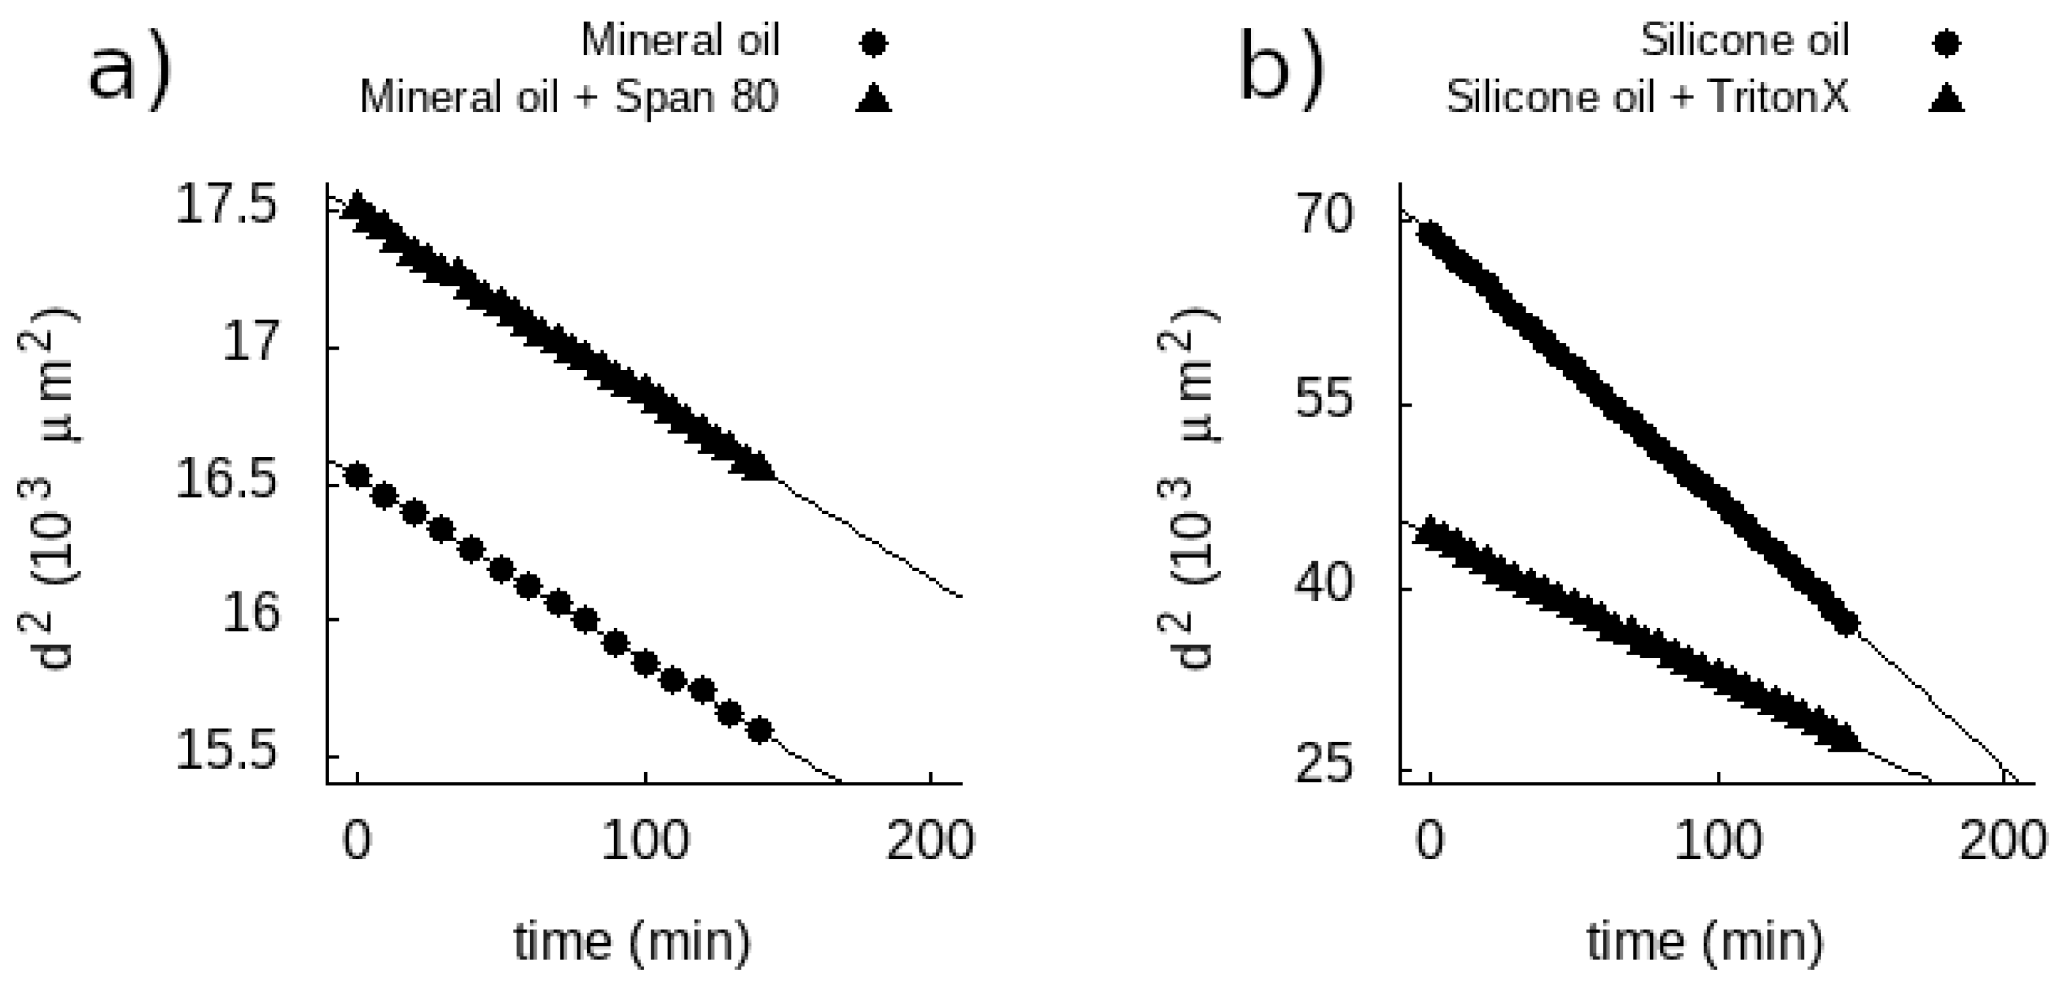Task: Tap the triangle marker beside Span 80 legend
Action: pyautogui.click(x=873, y=98)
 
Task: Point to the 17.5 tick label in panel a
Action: pyautogui.click(x=227, y=206)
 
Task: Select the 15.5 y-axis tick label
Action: pyautogui.click(x=227, y=754)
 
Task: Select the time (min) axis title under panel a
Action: pyautogui.click(x=632, y=941)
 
